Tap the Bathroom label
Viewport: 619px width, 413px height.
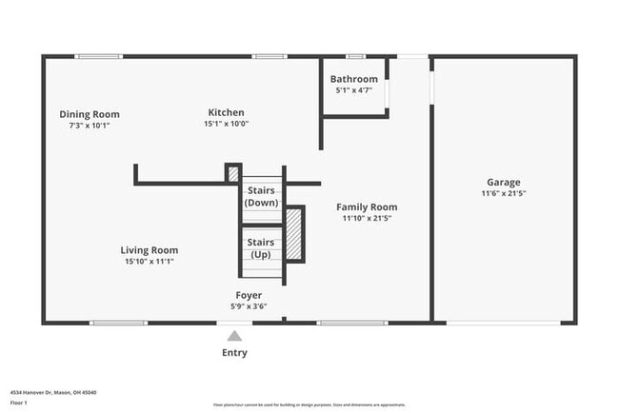[354, 79]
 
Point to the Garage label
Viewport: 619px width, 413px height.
[503, 182]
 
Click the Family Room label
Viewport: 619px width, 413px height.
[367, 206]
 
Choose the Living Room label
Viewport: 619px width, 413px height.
[150, 250]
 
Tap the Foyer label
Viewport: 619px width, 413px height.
[250, 295]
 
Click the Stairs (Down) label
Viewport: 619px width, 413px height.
[262, 197]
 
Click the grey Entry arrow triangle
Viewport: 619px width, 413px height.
[234, 335]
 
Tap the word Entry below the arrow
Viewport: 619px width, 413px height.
[234, 353]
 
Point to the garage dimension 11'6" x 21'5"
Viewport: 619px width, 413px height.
[503, 193]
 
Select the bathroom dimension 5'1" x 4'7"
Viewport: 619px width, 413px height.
[354, 90]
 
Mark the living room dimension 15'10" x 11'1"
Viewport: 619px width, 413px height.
[150, 262]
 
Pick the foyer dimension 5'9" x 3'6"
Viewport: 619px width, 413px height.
[250, 306]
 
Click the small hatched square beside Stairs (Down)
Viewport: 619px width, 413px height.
[232, 173]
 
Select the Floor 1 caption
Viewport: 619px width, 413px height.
[19, 403]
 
